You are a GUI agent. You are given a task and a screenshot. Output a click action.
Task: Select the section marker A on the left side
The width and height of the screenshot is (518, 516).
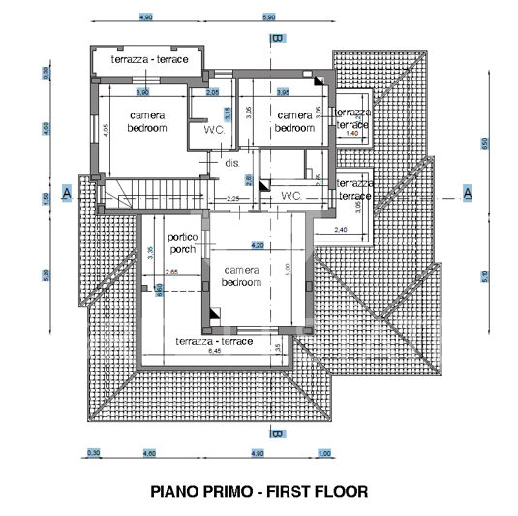(x=66, y=192)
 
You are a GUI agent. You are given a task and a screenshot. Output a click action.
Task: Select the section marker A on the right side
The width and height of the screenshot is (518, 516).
(x=467, y=192)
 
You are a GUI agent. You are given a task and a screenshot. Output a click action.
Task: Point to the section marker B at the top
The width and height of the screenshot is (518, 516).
(x=278, y=38)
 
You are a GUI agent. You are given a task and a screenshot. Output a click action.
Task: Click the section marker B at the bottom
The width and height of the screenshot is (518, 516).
(x=277, y=434)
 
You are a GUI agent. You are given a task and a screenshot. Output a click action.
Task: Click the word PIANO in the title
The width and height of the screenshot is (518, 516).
(x=179, y=491)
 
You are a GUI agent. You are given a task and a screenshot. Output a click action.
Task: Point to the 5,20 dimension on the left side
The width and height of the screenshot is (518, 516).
(x=46, y=274)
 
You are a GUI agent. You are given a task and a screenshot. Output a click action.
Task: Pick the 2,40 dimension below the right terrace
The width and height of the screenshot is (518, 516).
(x=341, y=230)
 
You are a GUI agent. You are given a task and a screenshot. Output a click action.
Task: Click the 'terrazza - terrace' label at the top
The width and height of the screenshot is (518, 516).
(x=149, y=60)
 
